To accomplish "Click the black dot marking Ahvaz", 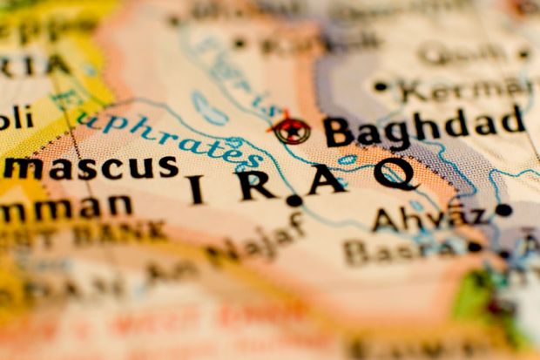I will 503,209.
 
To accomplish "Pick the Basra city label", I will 400,250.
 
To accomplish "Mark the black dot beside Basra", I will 475,247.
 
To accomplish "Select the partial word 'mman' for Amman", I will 66,207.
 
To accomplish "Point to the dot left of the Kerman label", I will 380,86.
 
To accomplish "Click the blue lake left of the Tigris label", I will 208,109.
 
